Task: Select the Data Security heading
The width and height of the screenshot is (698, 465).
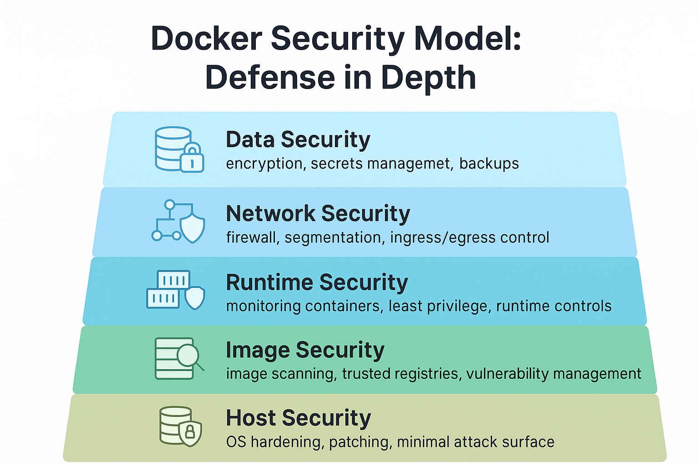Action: point(298,139)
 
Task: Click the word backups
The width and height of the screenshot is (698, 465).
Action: point(489,163)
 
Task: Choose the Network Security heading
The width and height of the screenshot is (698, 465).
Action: point(318,213)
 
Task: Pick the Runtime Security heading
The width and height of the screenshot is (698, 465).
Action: point(317,282)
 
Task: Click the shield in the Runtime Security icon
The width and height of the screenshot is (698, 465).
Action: point(195,297)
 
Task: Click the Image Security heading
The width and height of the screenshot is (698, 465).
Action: point(305,350)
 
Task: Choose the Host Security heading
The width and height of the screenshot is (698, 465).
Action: point(298,418)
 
